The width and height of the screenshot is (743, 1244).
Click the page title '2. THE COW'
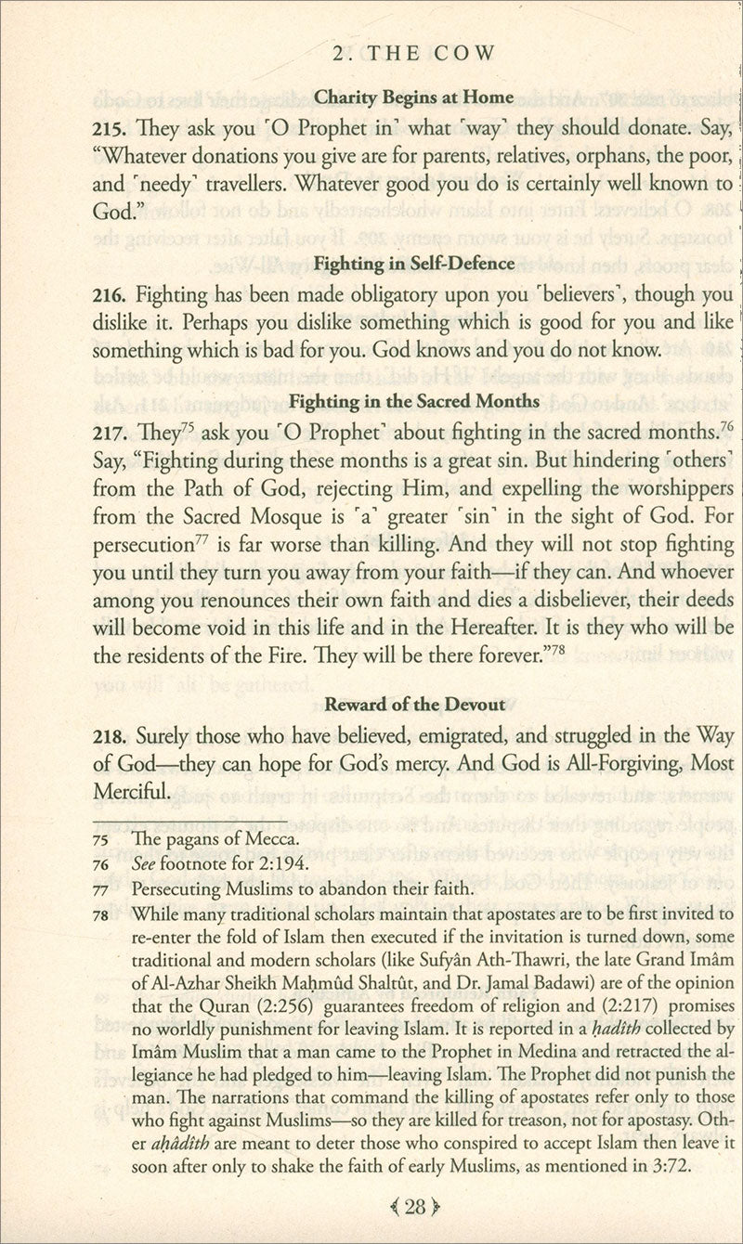412,53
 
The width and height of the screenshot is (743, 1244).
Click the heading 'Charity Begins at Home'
414,96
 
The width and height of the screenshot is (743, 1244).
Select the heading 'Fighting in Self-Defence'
414,264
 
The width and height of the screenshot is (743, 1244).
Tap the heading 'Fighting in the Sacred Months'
414,402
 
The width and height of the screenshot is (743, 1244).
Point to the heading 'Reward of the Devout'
414,705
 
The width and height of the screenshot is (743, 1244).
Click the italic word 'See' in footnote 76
144,864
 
